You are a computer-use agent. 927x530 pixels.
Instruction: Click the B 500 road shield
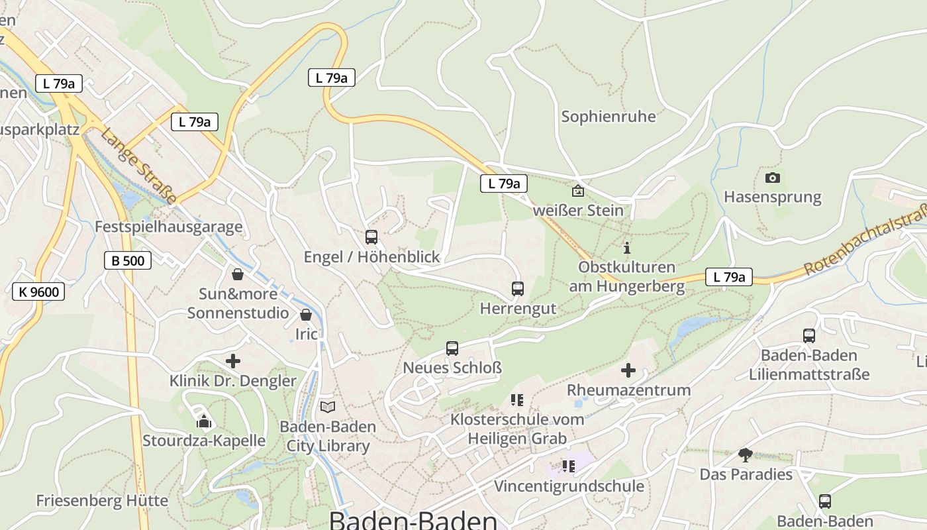(128, 260)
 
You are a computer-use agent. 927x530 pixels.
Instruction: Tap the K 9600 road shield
(38, 291)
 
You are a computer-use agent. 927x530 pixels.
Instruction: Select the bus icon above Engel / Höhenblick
(371, 237)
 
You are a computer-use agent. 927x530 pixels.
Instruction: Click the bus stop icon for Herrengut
(518, 289)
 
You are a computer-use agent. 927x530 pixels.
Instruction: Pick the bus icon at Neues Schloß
(452, 348)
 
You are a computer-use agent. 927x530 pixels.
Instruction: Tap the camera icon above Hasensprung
(772, 178)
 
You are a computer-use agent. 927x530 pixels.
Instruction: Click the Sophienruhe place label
(609, 117)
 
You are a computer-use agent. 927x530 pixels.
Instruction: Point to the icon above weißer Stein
(578, 191)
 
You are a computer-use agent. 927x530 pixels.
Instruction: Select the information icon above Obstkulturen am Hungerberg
(627, 248)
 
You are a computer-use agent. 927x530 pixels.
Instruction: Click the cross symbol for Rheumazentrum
(628, 370)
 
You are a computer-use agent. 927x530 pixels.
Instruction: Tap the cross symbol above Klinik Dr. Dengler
(233, 361)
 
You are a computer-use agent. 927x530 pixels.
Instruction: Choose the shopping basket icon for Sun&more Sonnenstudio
(238, 274)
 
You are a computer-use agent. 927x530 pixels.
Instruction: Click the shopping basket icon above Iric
(306, 315)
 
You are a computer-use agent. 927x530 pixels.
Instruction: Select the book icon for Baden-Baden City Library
(328, 407)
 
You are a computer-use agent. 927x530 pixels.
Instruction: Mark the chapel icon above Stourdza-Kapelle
(204, 421)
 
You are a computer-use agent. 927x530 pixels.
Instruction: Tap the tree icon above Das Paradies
(746, 454)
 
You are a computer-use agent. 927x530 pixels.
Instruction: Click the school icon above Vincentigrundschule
(569, 466)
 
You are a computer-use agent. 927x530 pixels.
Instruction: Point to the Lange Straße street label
(138, 166)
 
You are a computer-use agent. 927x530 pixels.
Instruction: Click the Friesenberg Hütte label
(102, 500)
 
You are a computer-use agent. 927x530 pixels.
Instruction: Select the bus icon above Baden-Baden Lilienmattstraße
(809, 336)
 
